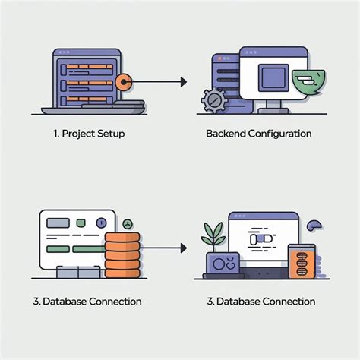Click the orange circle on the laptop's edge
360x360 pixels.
click(x=124, y=82)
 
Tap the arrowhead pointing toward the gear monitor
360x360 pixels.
click(x=184, y=82)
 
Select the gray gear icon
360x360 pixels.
click(x=213, y=100)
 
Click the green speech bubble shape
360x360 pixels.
click(x=309, y=81)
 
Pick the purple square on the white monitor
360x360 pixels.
click(x=273, y=77)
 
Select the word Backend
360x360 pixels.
click(x=226, y=134)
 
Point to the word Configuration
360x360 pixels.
click(x=279, y=134)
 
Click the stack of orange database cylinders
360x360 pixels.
click(x=122, y=255)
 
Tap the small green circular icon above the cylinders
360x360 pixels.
click(x=128, y=224)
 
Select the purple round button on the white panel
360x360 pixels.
click(x=102, y=223)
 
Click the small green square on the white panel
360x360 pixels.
click(x=81, y=223)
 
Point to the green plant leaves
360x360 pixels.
click(x=213, y=234)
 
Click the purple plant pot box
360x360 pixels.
click(x=223, y=264)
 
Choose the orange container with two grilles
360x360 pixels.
click(x=302, y=261)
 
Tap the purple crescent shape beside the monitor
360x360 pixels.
click(x=314, y=226)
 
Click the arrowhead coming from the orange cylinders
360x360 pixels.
click(x=184, y=248)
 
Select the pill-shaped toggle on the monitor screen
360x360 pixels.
click(x=261, y=239)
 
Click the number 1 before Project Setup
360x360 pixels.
click(x=56, y=134)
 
